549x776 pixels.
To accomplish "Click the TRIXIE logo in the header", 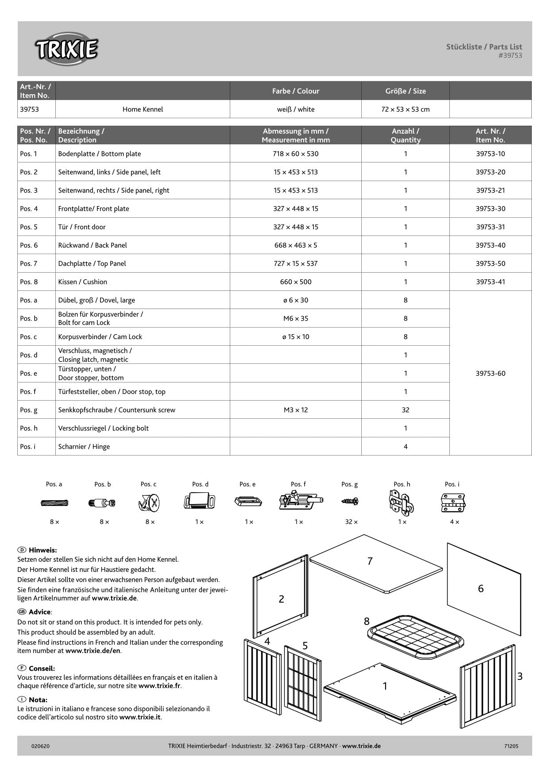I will click(x=66, y=49).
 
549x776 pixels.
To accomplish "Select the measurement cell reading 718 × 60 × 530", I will click(x=295, y=154).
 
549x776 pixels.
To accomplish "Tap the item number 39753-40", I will click(x=490, y=245).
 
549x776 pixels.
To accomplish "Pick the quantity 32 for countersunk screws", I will click(x=405, y=410).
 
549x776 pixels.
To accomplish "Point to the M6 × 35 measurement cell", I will click(x=295, y=318).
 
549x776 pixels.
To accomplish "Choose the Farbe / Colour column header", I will click(x=295, y=91).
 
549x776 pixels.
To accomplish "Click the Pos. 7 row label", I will click(x=29, y=264).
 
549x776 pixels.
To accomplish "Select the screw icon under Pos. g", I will click(x=350, y=502).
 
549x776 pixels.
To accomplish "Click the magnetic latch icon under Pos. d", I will click(x=200, y=502).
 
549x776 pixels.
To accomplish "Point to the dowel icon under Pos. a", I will click(x=54, y=503).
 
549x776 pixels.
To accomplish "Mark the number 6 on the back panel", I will click(x=481, y=589).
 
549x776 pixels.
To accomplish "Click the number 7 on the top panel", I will click(x=370, y=561).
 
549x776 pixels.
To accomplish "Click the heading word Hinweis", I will click(x=43, y=550).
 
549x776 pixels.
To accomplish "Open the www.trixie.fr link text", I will click(x=159, y=686).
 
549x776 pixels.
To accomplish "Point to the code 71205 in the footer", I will click(x=511, y=746).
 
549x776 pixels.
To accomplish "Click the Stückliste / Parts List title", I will click(x=484, y=46).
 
